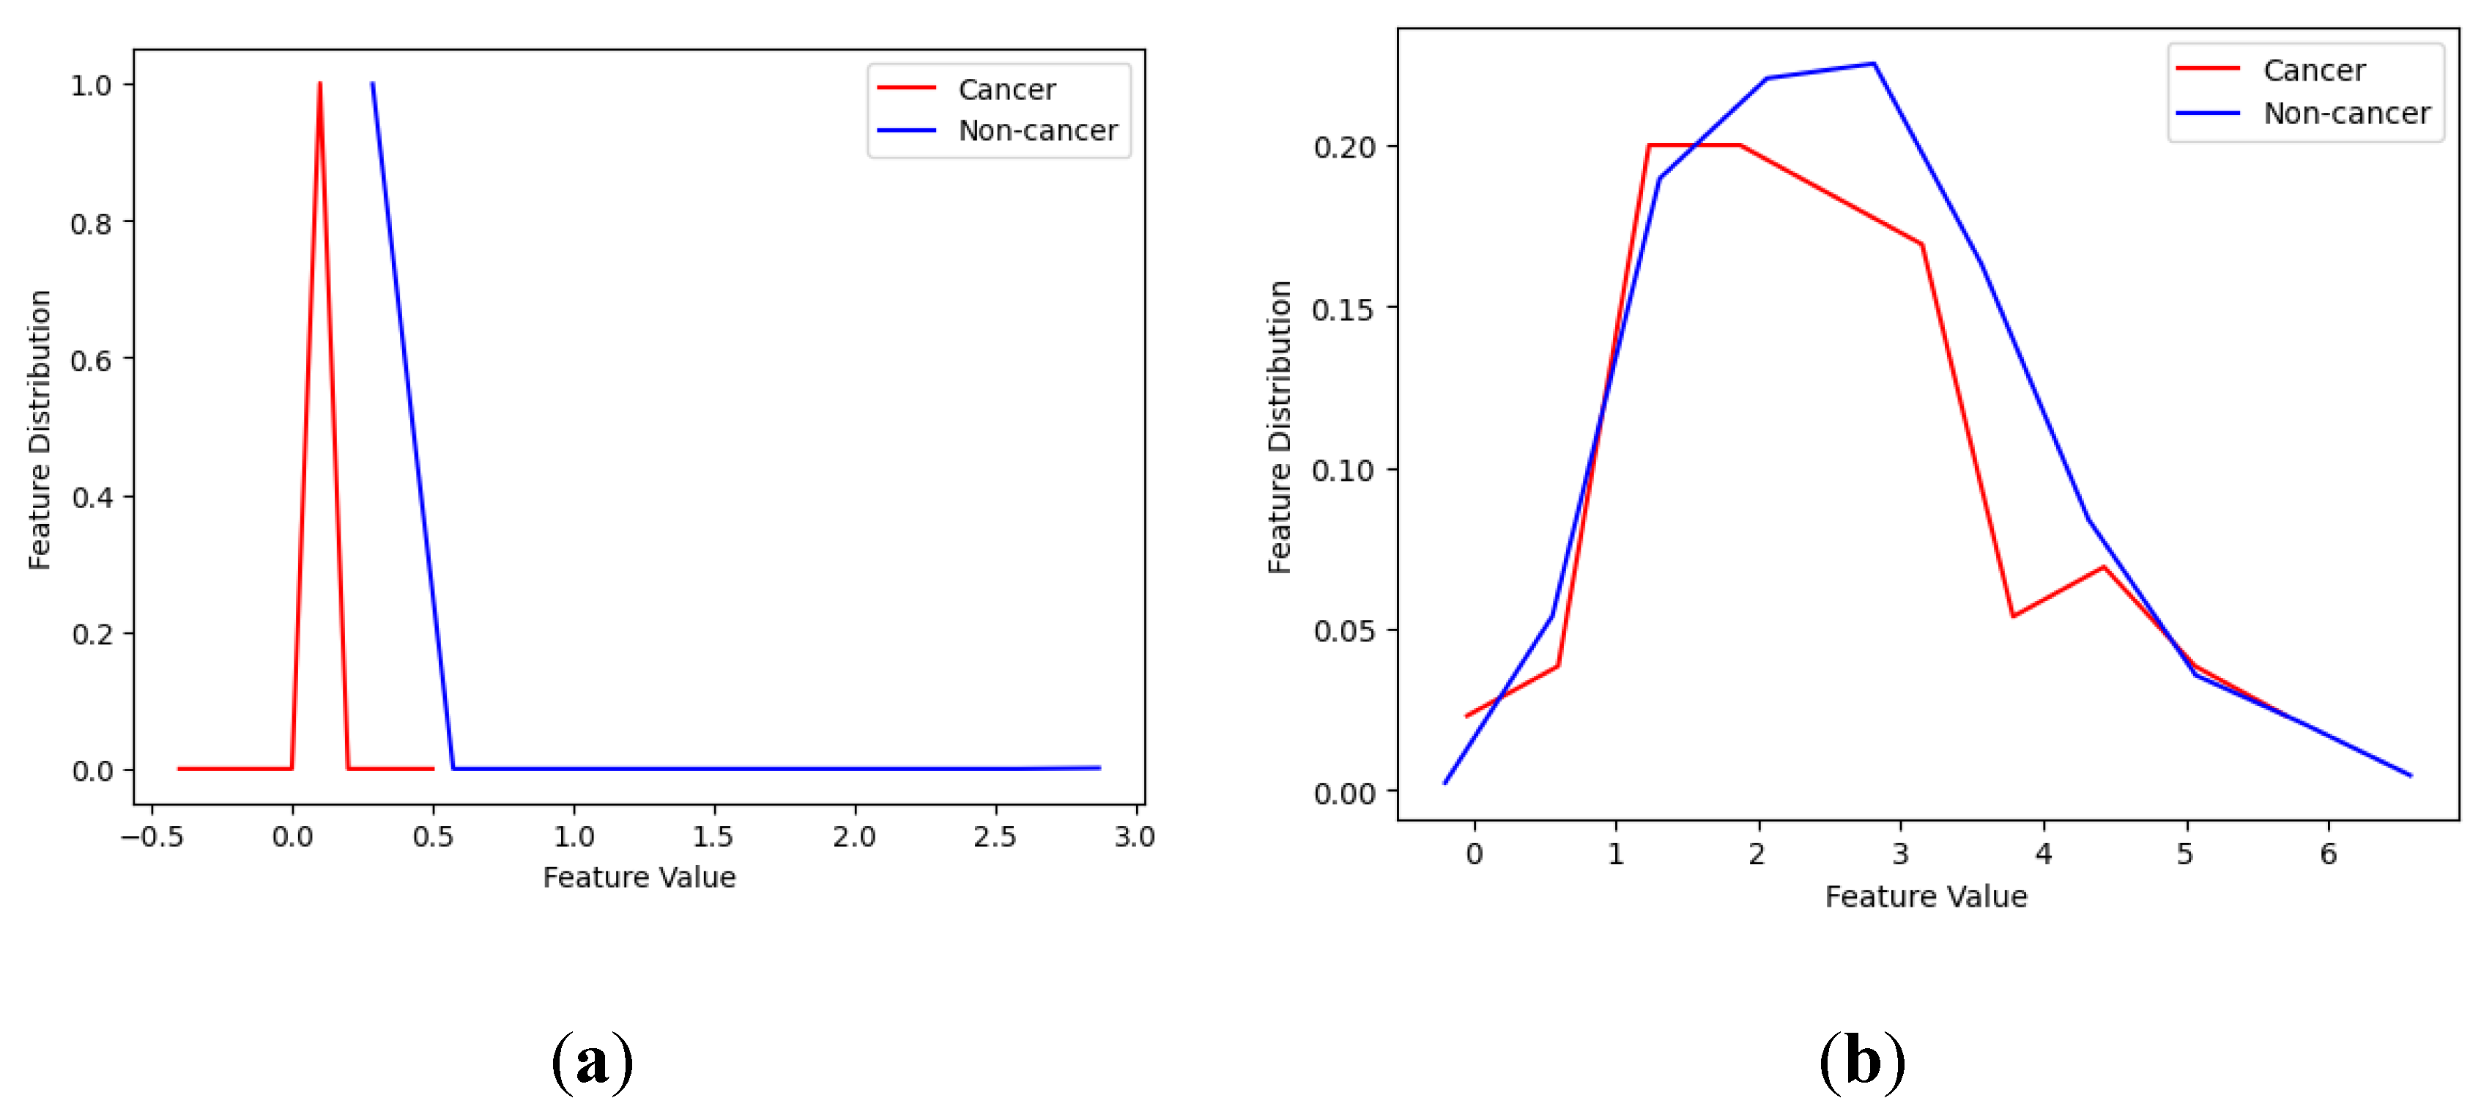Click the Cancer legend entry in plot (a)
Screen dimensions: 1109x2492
click(x=1006, y=89)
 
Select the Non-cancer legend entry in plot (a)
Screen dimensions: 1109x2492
click(x=1037, y=130)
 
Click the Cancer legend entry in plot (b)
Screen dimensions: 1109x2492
click(x=2313, y=70)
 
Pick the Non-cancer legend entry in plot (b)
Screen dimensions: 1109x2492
click(x=2346, y=113)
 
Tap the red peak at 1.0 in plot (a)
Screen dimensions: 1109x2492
click(x=319, y=84)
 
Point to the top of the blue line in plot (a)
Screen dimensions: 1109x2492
click(x=372, y=84)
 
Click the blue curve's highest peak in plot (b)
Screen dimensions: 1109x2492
click(x=1873, y=64)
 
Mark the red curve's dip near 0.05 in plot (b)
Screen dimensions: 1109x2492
click(x=2012, y=616)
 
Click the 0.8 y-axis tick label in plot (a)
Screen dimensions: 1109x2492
click(x=91, y=224)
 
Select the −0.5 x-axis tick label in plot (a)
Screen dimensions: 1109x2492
click(x=152, y=837)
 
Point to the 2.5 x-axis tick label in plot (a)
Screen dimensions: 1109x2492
click(x=995, y=837)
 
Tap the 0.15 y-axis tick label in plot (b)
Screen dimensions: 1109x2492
click(x=1343, y=309)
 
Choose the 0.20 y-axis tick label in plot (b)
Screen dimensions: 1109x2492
click(x=1343, y=148)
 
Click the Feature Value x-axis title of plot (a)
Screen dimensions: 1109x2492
click(x=639, y=877)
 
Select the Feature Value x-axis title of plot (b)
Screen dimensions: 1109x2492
click(x=1925, y=897)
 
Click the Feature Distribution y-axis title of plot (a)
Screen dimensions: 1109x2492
click(x=40, y=429)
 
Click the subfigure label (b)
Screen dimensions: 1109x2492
click(x=1862, y=1061)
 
